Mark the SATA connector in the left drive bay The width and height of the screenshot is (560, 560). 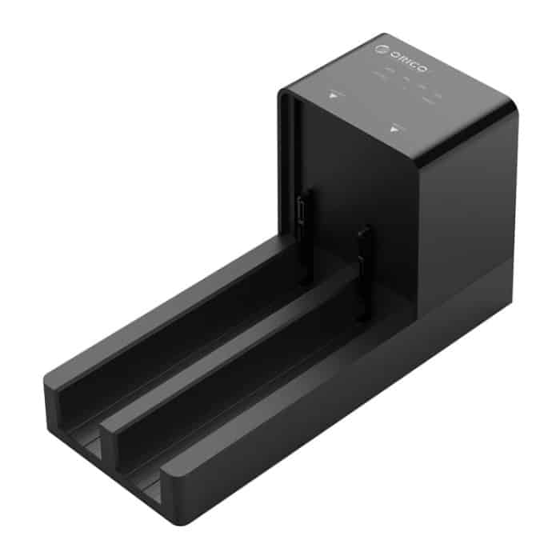pyautogui.click(x=303, y=211)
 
